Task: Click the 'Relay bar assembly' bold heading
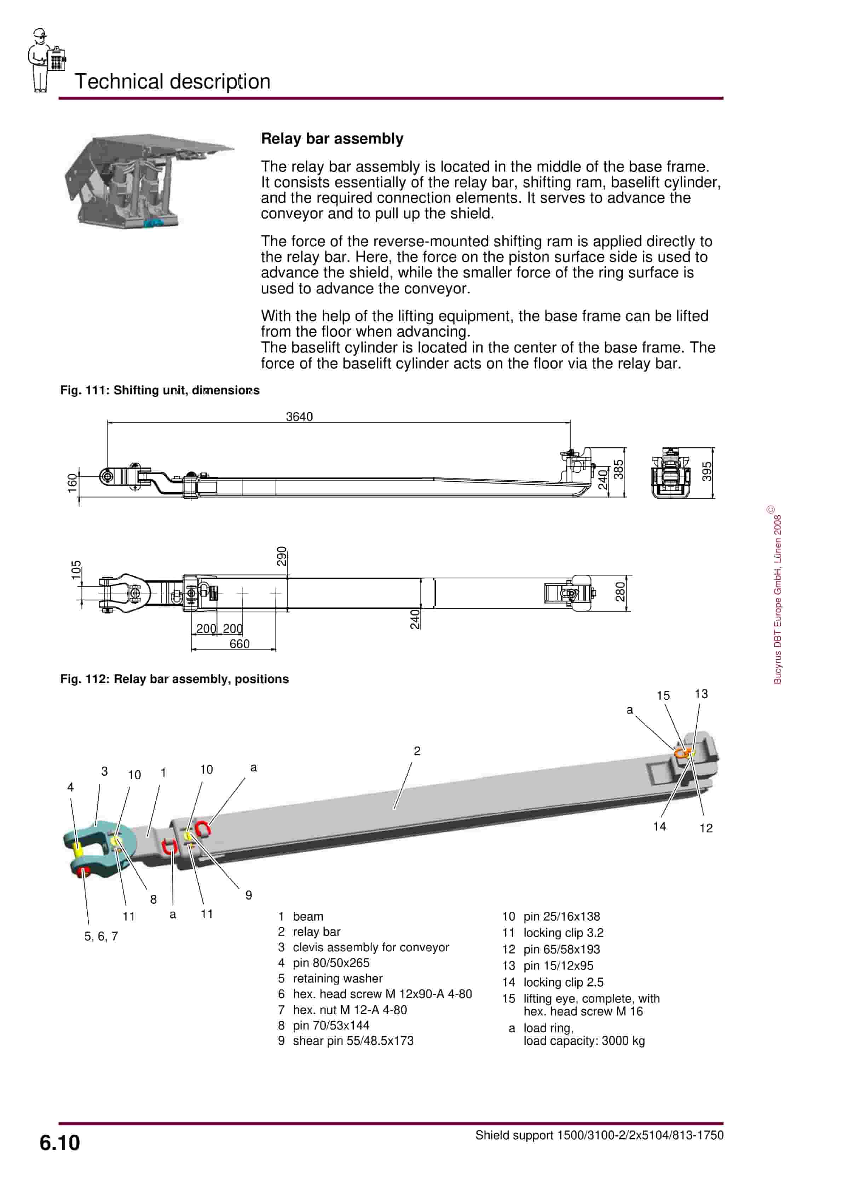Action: coord(332,139)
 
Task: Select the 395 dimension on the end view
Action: coord(707,471)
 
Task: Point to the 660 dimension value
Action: coord(239,644)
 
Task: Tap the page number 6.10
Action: coord(60,1143)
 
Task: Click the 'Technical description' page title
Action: coord(172,81)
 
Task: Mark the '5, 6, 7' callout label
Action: coord(101,936)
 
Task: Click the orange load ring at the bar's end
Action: coord(680,753)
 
